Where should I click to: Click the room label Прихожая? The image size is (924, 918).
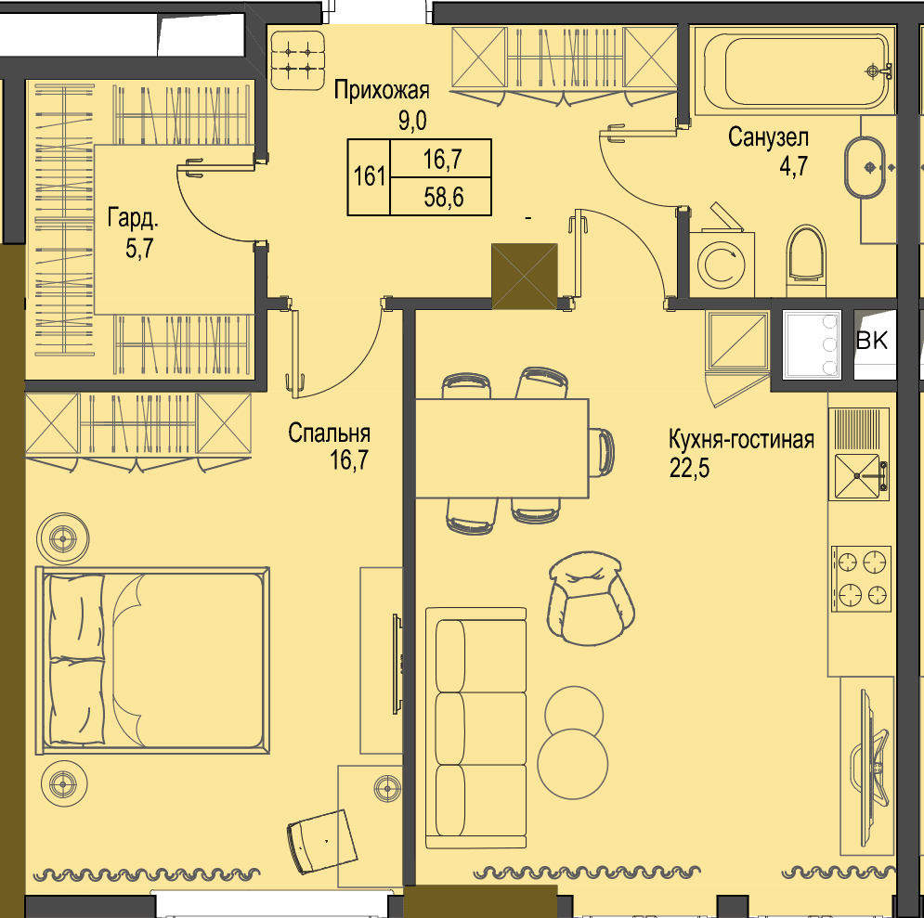click(x=382, y=91)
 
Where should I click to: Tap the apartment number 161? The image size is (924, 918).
click(x=370, y=176)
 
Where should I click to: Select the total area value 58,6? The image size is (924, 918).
click(x=443, y=197)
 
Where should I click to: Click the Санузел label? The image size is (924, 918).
click(x=768, y=138)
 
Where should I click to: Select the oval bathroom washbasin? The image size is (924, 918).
click(x=865, y=168)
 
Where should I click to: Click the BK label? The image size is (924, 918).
click(x=872, y=341)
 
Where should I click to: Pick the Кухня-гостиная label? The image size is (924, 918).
click(x=741, y=439)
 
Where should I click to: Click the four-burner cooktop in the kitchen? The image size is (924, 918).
click(x=861, y=578)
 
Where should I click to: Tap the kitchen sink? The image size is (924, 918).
click(x=859, y=477)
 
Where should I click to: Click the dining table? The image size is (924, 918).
click(x=502, y=448)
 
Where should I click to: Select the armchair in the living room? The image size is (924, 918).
click(x=590, y=598)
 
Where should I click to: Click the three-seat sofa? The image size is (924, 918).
click(x=475, y=729)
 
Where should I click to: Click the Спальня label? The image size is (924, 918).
click(x=329, y=433)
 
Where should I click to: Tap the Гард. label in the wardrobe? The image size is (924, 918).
click(x=133, y=219)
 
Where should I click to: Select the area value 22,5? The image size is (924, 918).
click(x=689, y=468)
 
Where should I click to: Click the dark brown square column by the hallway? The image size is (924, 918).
click(x=525, y=277)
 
